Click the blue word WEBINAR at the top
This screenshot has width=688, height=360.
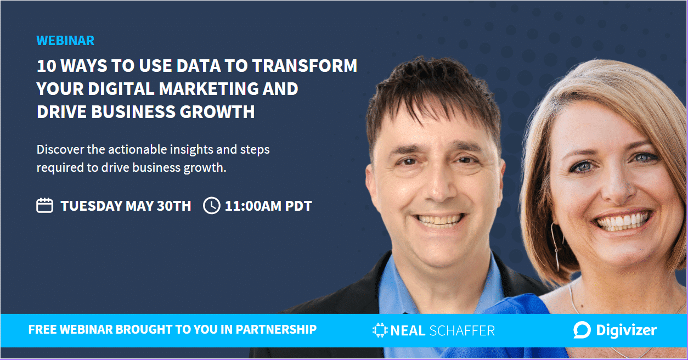tap(65, 41)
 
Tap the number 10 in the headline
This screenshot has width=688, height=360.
tap(46, 66)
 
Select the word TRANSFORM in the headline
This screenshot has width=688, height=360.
tap(304, 66)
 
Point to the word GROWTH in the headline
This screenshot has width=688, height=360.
tap(217, 111)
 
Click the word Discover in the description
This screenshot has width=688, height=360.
tap(60, 150)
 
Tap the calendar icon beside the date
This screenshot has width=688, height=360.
tap(44, 205)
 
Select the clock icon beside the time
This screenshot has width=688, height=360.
tap(212, 205)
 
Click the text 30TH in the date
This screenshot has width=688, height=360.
tap(174, 206)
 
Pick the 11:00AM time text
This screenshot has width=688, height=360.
tap(253, 206)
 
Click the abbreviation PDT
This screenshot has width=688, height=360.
tap(298, 206)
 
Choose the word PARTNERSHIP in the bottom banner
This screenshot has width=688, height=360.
tap(276, 329)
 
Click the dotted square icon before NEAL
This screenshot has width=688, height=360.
tap(380, 330)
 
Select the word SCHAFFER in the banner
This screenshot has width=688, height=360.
tap(462, 331)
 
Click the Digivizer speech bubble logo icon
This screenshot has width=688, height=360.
tap(582, 330)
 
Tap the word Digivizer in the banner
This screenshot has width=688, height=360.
tap(626, 330)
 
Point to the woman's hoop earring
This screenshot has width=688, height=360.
tap(556, 246)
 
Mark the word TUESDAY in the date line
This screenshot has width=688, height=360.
tap(92, 206)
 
